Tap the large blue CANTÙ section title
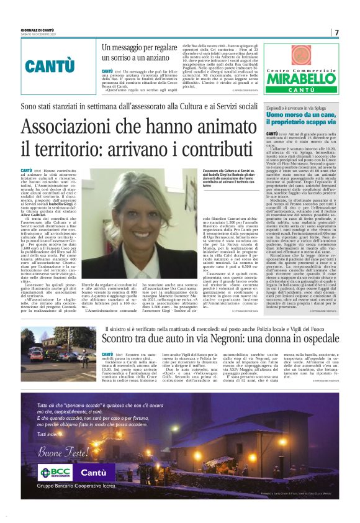50,66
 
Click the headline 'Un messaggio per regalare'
133,47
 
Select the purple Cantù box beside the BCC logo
93,472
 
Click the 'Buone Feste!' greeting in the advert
63,452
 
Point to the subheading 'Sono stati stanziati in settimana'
142,107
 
